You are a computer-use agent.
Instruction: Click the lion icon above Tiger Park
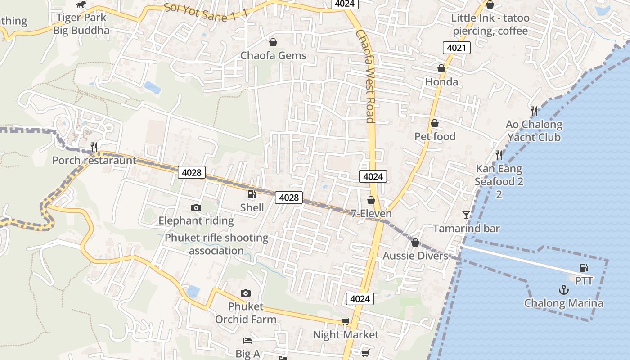tap(81, 5)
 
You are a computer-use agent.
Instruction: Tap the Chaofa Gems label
tap(273, 55)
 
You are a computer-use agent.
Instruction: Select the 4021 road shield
tap(456, 48)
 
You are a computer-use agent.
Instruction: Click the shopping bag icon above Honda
tap(441, 68)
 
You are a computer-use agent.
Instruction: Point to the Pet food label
tap(435, 136)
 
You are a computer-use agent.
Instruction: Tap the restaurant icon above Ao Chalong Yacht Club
tap(534, 110)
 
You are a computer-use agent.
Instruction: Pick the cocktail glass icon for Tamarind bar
tap(466, 215)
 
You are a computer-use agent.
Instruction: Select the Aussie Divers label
tap(415, 256)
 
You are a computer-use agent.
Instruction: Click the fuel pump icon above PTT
tap(584, 268)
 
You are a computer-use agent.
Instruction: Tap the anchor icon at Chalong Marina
tap(564, 290)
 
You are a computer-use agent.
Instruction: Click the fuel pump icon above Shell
tap(252, 194)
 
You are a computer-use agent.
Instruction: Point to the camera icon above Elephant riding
tap(196, 207)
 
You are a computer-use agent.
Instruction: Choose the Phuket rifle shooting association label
tap(216, 244)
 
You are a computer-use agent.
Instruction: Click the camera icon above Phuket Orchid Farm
tap(245, 293)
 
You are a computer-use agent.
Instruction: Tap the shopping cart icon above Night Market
tap(345, 321)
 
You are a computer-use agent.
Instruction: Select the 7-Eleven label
tap(371, 213)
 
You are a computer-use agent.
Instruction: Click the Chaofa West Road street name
tap(365, 76)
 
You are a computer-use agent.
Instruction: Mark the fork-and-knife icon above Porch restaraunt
tap(94, 147)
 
